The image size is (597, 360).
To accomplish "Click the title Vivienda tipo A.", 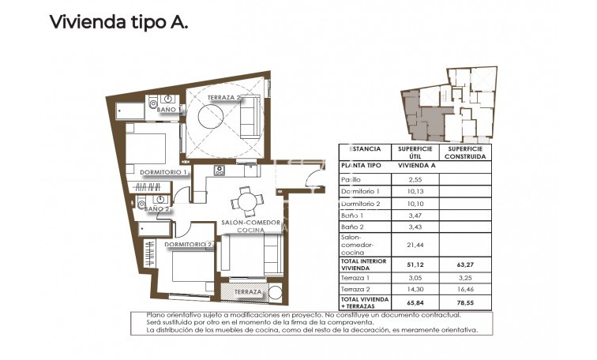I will pos(118,22).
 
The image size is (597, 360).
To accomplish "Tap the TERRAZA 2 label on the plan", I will pos(224,97).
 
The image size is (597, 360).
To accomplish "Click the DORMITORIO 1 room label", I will pos(163,172).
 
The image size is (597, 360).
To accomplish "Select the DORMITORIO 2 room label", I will pos(189,245).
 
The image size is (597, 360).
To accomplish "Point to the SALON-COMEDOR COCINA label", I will pos(250,226).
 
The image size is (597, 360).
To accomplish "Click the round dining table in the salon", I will pos(248,201).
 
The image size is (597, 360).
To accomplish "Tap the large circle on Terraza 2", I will pos(215,117).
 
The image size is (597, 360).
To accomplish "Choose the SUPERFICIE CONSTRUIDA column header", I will pos(464,152).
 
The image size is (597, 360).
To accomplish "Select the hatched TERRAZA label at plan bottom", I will pos(248,292).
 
